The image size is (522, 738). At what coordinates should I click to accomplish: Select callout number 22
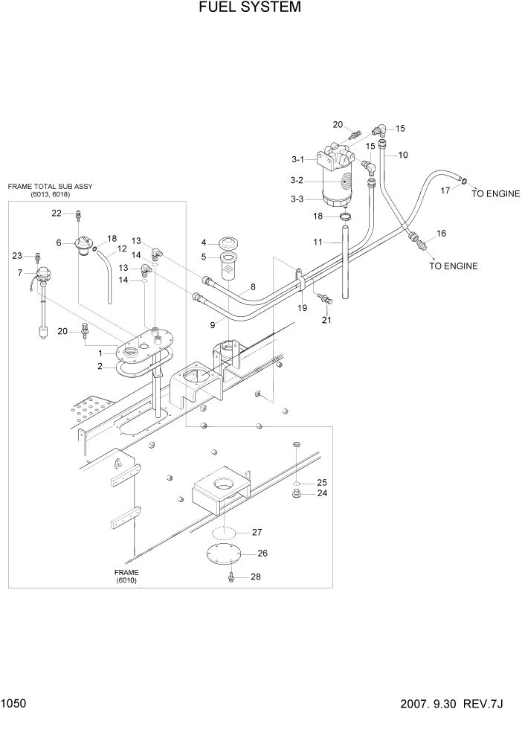(57, 214)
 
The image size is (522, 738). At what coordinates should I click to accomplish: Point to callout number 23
(17, 256)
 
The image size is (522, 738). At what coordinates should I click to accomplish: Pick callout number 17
(445, 191)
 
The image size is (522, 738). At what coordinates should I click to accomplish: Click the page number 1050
(14, 702)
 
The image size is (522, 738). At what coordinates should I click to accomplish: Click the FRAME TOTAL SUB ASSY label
(51, 186)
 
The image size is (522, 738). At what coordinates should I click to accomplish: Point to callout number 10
(404, 155)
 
